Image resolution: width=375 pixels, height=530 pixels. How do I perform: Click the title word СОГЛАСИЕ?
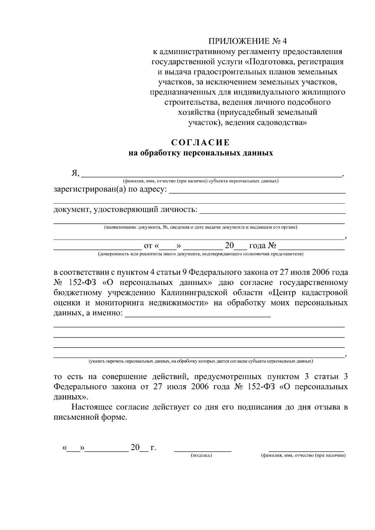(200, 143)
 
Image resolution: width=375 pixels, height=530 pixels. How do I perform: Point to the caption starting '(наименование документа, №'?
(200, 227)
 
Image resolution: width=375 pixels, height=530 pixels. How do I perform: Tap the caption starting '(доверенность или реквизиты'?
(200, 254)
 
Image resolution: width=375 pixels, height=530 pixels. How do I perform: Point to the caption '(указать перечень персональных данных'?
(200, 361)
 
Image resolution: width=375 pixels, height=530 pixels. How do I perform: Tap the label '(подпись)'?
(202, 456)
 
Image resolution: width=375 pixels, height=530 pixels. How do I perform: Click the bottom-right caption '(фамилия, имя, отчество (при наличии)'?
(303, 456)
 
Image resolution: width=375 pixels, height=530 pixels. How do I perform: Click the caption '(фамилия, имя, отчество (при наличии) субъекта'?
(200, 181)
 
